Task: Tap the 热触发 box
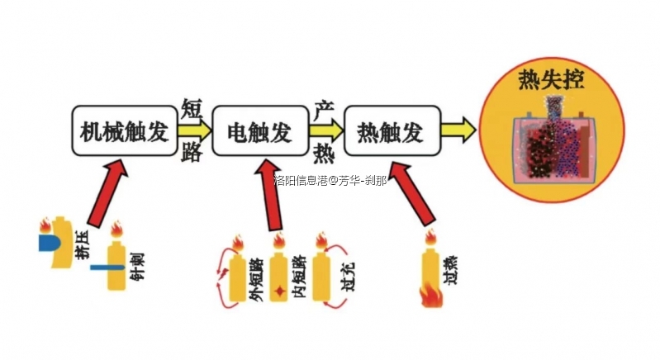390,130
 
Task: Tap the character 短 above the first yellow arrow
192,107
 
